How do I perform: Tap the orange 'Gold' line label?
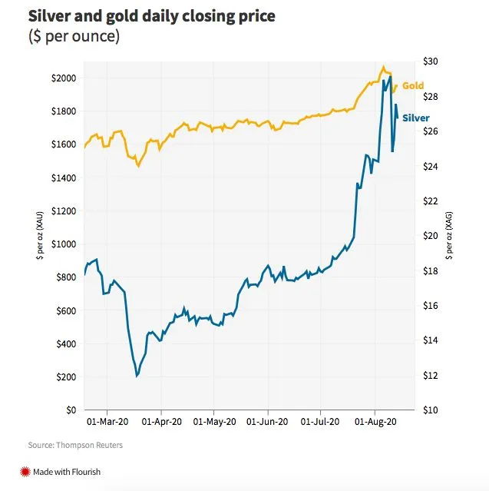pyautogui.click(x=413, y=86)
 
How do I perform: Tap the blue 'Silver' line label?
pyautogui.click(x=416, y=118)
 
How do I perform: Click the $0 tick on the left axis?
pyautogui.click(x=71, y=410)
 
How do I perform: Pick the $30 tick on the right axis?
pyautogui.click(x=431, y=61)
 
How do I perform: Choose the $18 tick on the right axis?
pyautogui.click(x=431, y=271)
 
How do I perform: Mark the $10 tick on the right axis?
pyautogui.click(x=431, y=410)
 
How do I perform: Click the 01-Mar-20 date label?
pyautogui.click(x=107, y=422)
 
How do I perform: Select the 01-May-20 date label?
pyautogui.click(x=213, y=422)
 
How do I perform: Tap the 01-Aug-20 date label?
pyautogui.click(x=375, y=422)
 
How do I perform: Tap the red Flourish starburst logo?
pyautogui.click(x=25, y=472)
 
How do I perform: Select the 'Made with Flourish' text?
pyautogui.click(x=68, y=472)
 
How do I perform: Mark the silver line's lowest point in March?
pyautogui.click(x=137, y=376)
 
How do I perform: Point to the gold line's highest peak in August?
pyautogui.click(x=384, y=67)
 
